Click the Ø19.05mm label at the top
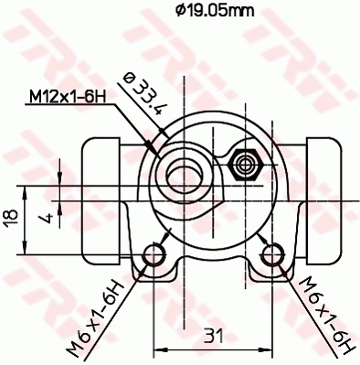[x=214, y=11]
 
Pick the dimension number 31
[x=212, y=333]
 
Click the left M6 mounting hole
[x=155, y=253]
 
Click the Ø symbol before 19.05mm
[x=180, y=11]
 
